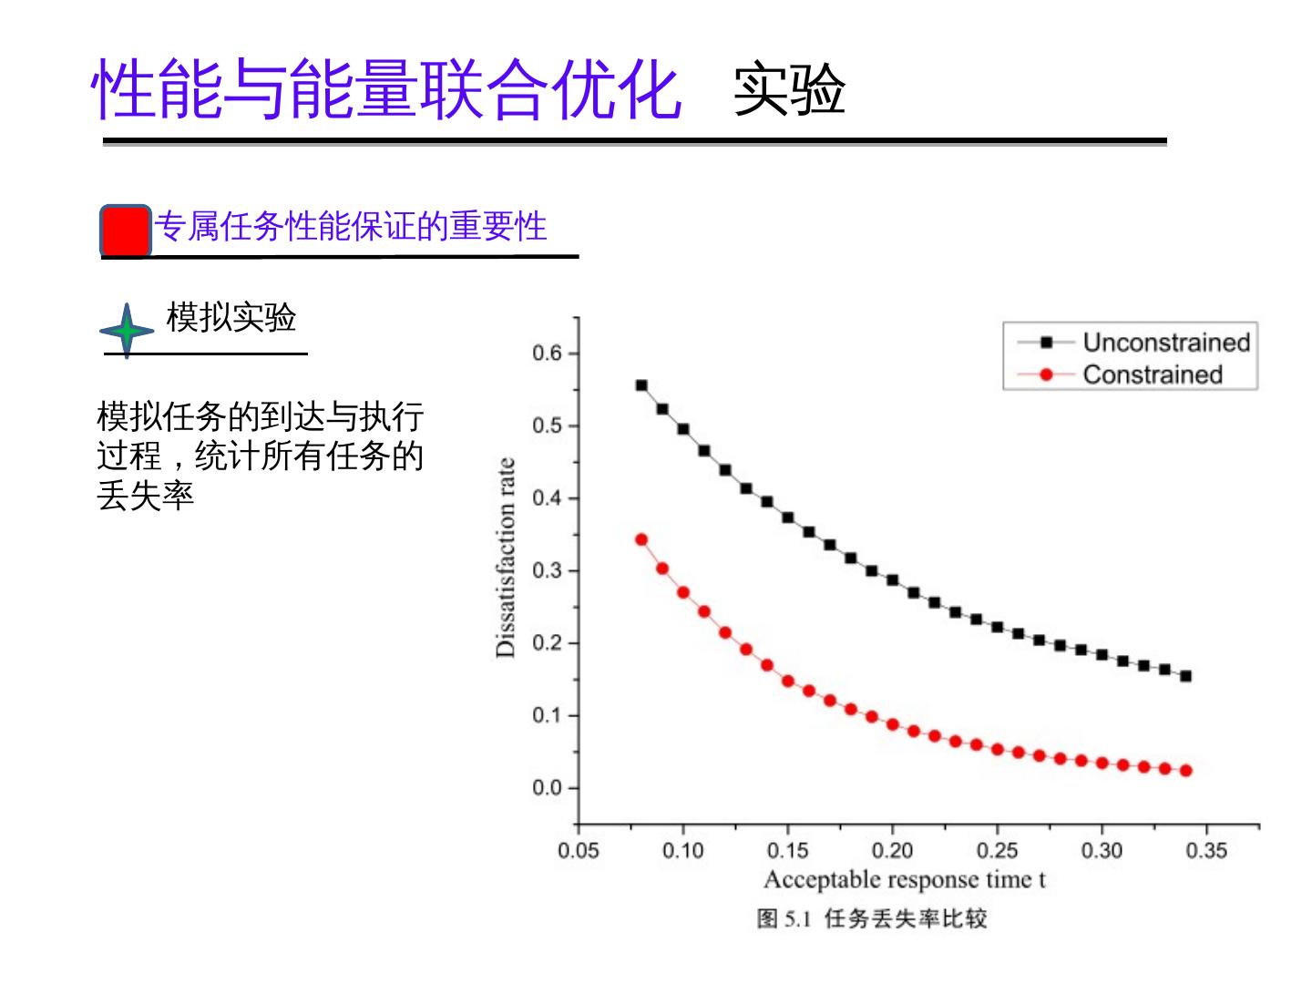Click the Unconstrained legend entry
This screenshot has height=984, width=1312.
click(x=1165, y=343)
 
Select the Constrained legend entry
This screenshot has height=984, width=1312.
click(x=1152, y=374)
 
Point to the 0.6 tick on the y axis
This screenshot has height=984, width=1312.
click(x=547, y=354)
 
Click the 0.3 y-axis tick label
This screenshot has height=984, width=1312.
click(x=547, y=570)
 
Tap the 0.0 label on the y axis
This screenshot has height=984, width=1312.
click(x=547, y=788)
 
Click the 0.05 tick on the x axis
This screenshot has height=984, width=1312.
click(x=579, y=851)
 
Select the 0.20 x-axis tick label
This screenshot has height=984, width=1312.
click(x=892, y=851)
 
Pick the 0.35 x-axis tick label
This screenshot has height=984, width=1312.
click(x=1206, y=851)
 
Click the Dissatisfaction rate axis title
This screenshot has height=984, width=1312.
click(x=506, y=558)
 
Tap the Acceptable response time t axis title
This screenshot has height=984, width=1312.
click(x=904, y=880)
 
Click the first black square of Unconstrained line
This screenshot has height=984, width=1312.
click(x=641, y=385)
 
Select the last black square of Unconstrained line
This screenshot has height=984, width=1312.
click(x=1185, y=676)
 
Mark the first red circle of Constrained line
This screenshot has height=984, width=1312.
click(x=641, y=539)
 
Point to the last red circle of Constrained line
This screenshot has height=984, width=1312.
click(x=1185, y=771)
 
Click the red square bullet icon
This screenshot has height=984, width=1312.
click(x=125, y=231)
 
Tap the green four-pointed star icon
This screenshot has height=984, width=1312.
click(x=126, y=330)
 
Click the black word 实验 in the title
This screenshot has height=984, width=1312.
click(x=789, y=90)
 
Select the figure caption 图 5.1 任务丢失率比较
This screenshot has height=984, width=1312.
click(x=872, y=918)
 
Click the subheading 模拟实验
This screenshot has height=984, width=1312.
click(x=231, y=317)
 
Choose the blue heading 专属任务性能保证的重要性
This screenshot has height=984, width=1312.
click(x=350, y=226)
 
